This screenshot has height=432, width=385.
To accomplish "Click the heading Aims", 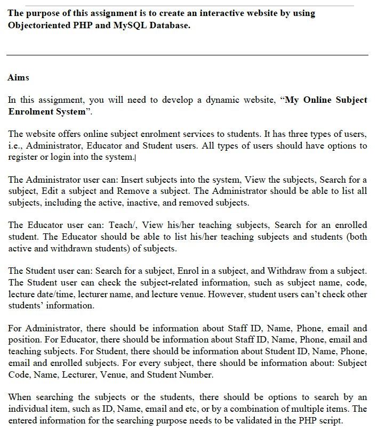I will (18, 78).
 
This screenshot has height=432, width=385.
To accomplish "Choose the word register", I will (25, 157).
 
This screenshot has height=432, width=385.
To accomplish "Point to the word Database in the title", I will (170, 26).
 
